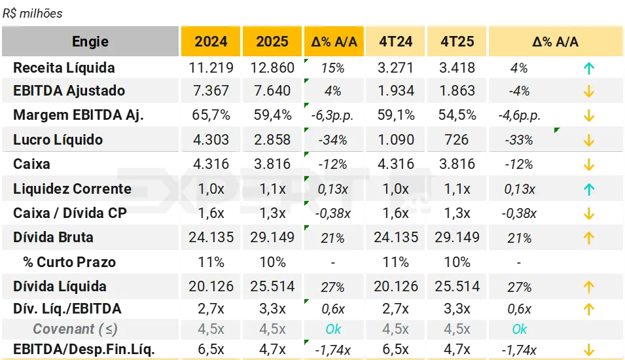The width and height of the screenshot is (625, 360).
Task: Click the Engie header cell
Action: (90, 42)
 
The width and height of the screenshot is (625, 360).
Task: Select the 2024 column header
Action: (211, 42)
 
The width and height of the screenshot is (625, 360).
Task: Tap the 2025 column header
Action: (272, 42)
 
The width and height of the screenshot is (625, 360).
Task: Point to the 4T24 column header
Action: (396, 42)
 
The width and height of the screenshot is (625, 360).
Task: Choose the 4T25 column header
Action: (457, 42)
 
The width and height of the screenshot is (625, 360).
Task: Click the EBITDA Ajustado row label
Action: (69, 91)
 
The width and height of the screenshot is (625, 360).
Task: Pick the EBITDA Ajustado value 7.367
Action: (211, 91)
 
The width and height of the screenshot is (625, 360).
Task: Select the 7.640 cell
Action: (272, 91)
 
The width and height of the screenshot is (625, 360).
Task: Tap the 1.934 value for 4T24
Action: (396, 91)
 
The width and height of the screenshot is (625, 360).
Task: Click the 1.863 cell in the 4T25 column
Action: (457, 91)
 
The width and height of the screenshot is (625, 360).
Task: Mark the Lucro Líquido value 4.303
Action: (211, 140)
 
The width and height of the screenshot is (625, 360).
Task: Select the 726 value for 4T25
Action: (457, 140)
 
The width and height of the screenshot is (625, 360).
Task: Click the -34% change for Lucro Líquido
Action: (333, 140)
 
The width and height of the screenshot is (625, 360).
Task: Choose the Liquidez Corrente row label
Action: (72, 189)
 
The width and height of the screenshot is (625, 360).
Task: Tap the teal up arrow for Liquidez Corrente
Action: (588, 190)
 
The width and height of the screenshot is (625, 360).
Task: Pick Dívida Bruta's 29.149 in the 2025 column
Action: (272, 238)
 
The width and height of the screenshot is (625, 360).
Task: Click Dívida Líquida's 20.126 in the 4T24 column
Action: (396, 287)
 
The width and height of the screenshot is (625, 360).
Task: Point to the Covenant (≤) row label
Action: (75, 329)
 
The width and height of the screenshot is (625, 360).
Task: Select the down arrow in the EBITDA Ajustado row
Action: (588, 92)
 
